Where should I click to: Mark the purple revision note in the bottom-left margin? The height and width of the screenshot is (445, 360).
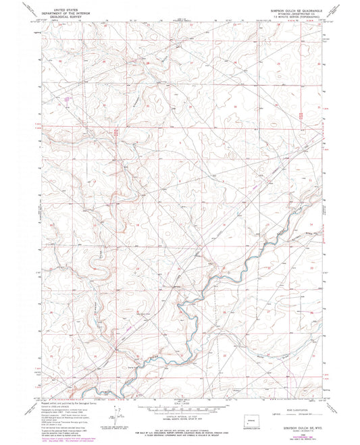(x=64, y=433)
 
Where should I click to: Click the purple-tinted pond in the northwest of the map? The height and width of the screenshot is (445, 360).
(x=66, y=105)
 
